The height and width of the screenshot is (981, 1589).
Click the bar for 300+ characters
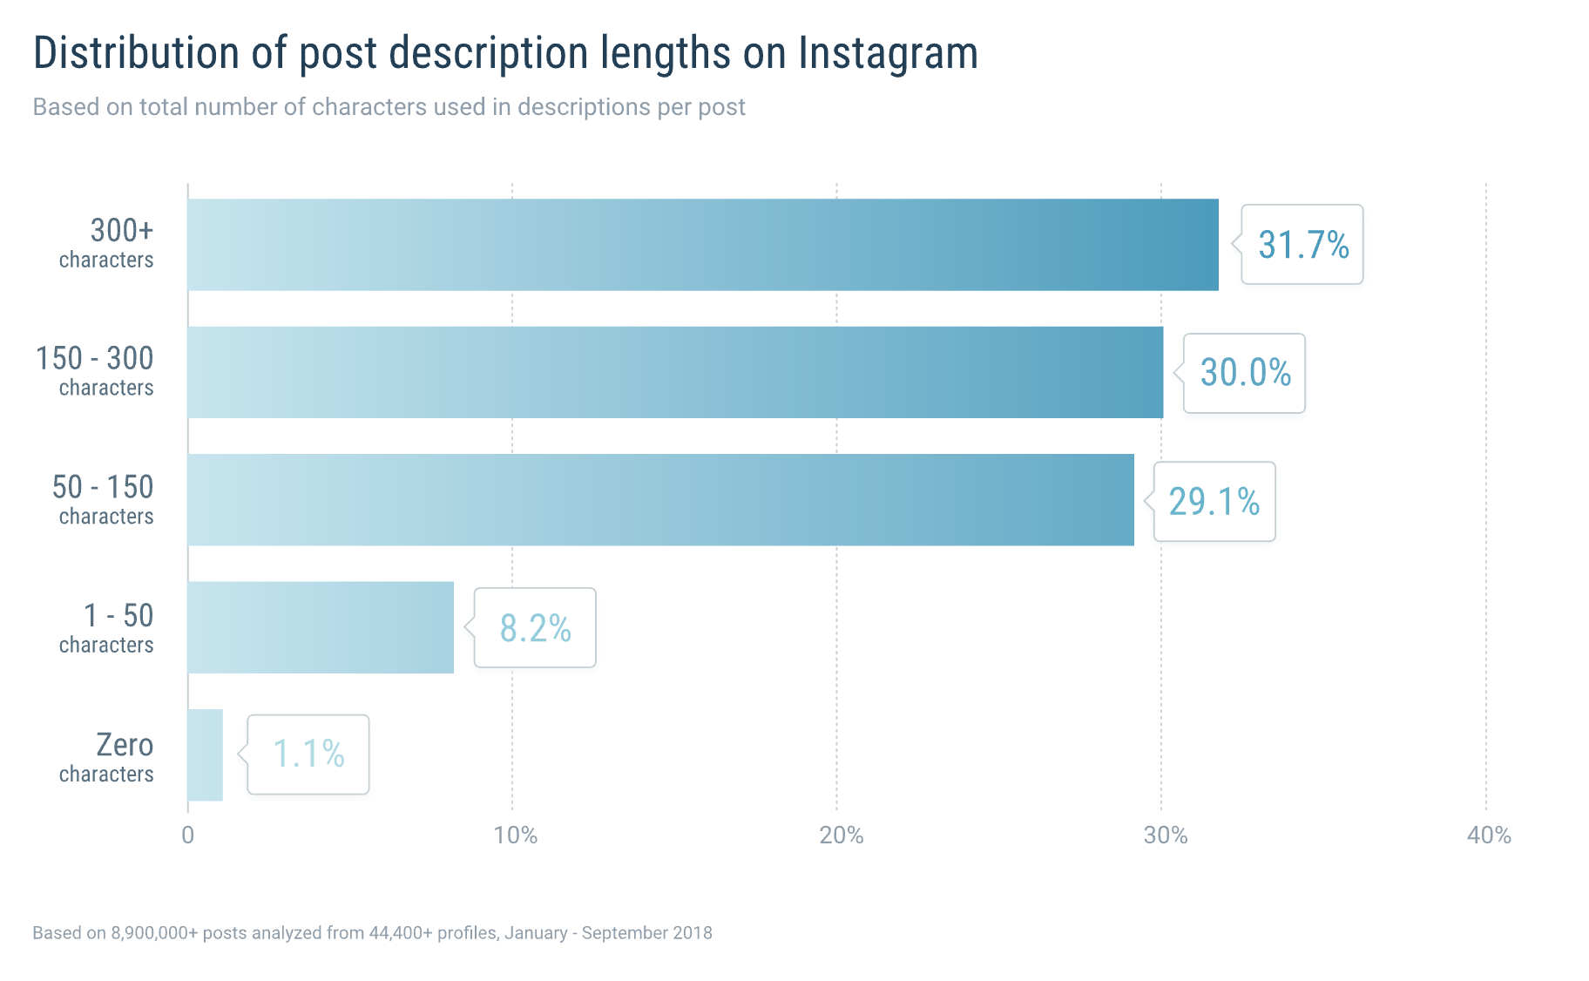pos(702,245)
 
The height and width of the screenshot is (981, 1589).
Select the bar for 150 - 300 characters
pos(675,372)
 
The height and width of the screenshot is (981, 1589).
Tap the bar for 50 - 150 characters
pos(660,500)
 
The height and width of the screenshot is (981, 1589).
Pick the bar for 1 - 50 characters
pos(321,627)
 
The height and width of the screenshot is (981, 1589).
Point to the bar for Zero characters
pos(205,754)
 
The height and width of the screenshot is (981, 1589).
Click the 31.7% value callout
pos(1302,245)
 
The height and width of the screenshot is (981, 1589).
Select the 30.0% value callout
pos(1245,373)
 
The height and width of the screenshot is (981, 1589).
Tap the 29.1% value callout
pos(1214,502)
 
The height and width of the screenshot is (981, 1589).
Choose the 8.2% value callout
pos(535,628)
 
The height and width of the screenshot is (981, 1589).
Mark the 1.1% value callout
pos(308,754)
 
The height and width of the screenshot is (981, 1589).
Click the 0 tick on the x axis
pos(187,836)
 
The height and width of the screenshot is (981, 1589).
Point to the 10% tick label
pos(515,836)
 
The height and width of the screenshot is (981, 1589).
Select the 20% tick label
pos(841,836)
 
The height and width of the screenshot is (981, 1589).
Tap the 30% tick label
pos(1166,836)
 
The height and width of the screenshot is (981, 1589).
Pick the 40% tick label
pos(1489,836)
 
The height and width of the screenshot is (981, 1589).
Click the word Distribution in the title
pos(136,53)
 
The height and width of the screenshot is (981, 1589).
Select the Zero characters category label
pos(107,757)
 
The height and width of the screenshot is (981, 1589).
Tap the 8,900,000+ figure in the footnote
pos(154,933)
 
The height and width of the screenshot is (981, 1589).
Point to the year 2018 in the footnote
pos(692,933)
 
